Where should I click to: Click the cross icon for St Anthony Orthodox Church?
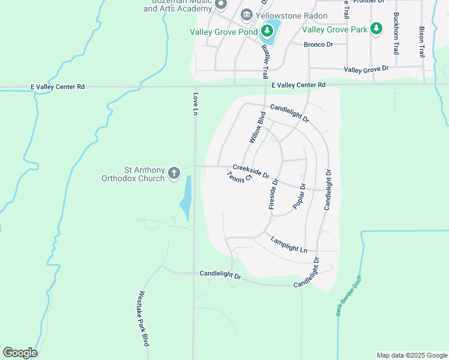tap(174, 173)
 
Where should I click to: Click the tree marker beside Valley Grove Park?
tap(376, 29)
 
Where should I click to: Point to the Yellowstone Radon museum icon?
tap(246, 15)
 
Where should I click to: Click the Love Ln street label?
tap(195, 103)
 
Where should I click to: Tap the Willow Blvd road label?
tap(257, 127)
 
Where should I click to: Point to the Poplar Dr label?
tap(300, 196)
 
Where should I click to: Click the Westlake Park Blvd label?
tap(143, 319)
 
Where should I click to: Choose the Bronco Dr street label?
tap(318, 44)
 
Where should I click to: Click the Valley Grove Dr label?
tap(366, 70)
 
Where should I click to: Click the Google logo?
tap(20, 353)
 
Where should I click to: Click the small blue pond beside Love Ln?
tap(186, 198)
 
